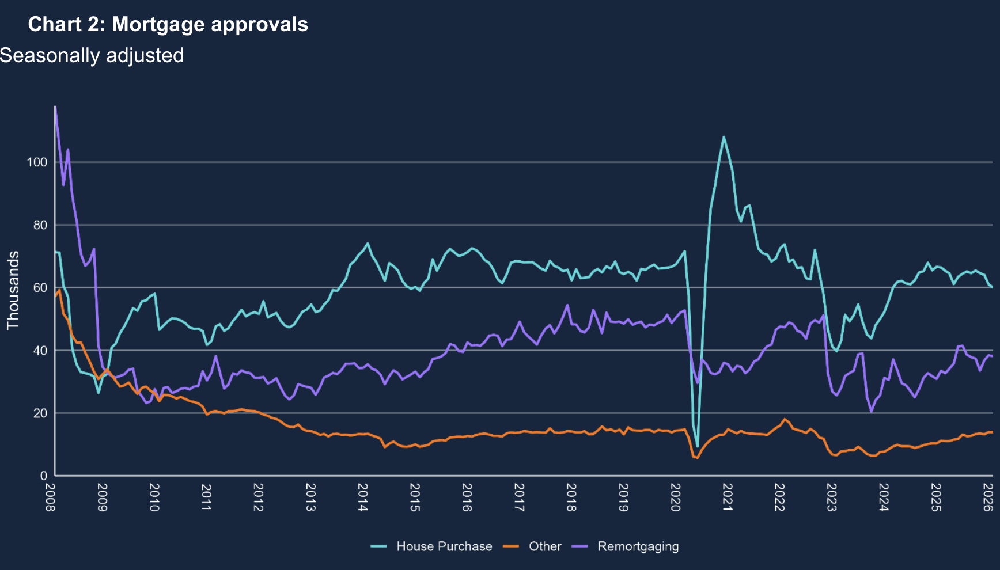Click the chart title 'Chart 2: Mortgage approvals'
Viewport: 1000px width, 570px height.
pos(168,24)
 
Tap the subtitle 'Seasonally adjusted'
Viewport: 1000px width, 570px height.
pos(92,55)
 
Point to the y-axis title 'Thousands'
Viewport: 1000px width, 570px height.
pos(13,290)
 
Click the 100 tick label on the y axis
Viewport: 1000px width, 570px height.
pos(37,162)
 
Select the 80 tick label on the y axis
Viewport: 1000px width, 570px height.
pos(40,225)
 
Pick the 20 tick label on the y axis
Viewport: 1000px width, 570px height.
pos(40,413)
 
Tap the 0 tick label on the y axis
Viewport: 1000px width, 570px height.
pos(43,476)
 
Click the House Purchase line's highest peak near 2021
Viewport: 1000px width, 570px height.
pos(724,137)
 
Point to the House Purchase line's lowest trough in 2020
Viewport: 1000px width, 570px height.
pos(698,446)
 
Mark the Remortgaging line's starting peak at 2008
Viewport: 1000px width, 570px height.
pos(55,108)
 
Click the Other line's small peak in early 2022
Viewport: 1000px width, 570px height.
pos(785,419)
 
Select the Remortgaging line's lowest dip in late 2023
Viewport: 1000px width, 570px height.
pos(872,411)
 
